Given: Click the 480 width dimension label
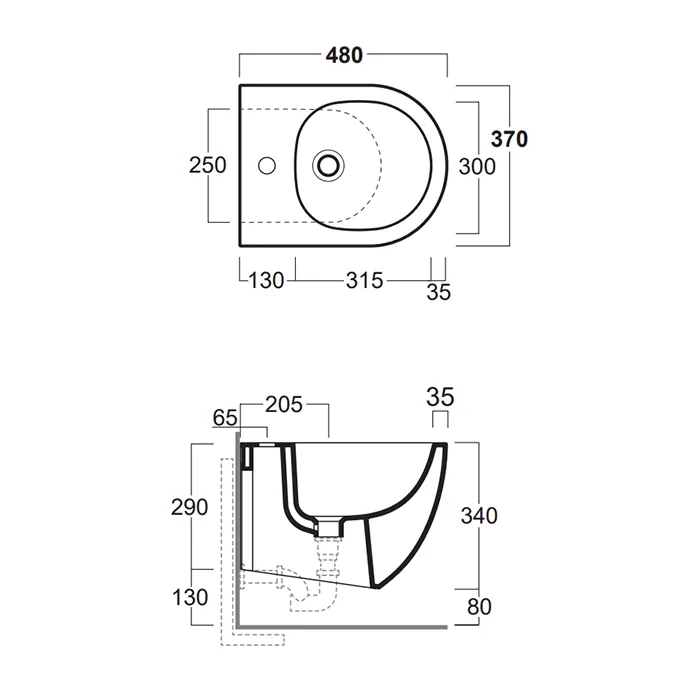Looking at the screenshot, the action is (344, 55).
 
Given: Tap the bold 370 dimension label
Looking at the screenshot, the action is (509, 139).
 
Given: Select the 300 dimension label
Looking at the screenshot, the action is (477, 167).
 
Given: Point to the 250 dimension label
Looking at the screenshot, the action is (208, 165).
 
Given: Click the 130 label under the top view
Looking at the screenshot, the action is (266, 281).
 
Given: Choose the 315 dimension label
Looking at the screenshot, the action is (364, 281).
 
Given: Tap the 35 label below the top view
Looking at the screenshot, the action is (439, 292).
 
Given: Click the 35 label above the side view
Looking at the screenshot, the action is (440, 397).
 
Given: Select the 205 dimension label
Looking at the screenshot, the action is (284, 405).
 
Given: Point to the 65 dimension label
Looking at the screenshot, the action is (225, 418).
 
